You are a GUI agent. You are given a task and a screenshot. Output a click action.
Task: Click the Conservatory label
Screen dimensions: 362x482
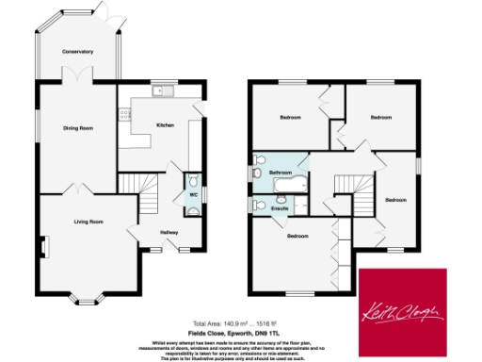(78, 52)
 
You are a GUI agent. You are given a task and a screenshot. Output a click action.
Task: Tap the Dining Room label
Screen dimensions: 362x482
(78, 127)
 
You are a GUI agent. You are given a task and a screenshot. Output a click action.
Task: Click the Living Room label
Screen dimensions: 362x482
(89, 222)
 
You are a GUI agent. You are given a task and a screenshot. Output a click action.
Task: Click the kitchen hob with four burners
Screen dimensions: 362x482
(125, 115)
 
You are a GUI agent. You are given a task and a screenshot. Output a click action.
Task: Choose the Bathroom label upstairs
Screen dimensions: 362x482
(280, 173)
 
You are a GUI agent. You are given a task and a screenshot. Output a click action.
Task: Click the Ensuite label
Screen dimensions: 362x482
(280, 207)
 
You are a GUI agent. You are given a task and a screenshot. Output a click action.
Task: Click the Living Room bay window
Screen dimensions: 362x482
(88, 299)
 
